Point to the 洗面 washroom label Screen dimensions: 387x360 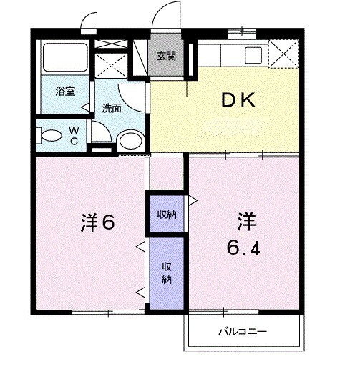111,109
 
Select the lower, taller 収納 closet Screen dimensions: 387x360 166,273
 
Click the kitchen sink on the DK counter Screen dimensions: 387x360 253,54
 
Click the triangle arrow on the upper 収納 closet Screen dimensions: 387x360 192,200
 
